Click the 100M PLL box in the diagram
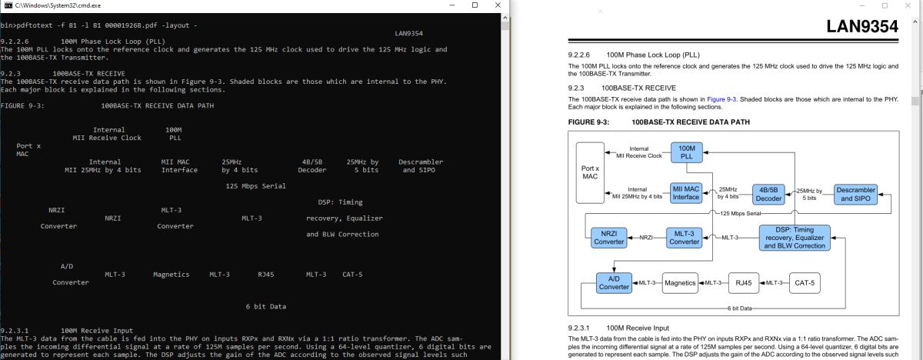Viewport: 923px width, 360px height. point(686,152)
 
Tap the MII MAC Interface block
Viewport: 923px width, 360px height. point(686,192)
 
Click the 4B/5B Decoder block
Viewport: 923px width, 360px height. point(768,193)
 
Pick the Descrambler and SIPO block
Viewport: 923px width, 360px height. point(855,194)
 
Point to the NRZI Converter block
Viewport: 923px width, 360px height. point(608,237)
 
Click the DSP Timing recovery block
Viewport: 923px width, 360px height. point(795,237)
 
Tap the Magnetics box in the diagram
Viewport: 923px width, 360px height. point(679,282)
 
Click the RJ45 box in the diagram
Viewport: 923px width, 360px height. point(744,282)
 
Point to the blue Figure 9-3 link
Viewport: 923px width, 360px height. point(721,99)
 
